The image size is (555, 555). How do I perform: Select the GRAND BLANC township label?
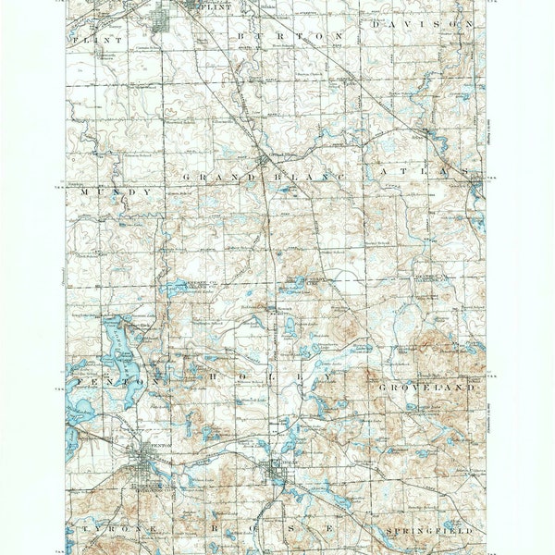pos(263,176)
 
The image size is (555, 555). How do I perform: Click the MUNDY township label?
pos(115,191)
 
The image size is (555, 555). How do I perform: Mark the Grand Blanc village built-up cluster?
pos(264,162)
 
